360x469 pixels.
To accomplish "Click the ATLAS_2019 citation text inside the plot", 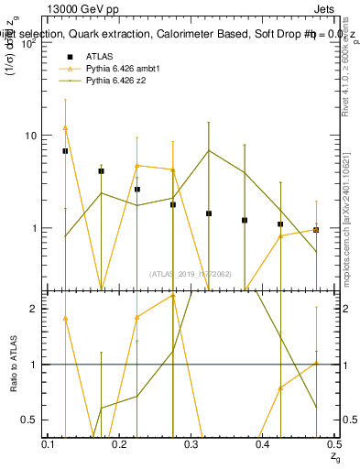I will [x=191, y=273].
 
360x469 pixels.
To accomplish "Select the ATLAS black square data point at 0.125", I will [x=65, y=150].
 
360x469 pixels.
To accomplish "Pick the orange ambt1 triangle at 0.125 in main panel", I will [x=65, y=128].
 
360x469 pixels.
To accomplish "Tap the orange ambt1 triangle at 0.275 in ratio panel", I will [x=173, y=297].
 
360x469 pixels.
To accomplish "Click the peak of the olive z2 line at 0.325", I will [x=209, y=150].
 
